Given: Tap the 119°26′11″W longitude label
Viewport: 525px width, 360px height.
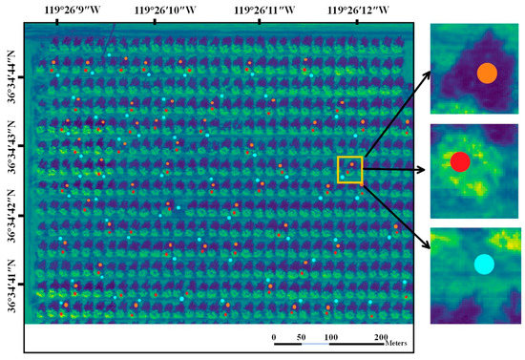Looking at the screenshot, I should pos(264,11).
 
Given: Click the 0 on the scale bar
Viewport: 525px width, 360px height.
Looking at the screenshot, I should pos(274,338).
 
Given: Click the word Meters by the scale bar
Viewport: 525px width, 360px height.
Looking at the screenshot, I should pos(404,347).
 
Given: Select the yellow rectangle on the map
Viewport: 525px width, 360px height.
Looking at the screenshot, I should pos(350,169).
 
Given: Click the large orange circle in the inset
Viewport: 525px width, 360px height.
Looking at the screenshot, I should pos(487,73).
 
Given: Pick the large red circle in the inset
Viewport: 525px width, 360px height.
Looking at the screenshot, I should pos(460,161).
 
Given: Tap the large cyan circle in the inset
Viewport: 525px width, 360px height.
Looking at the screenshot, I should pos(484,264).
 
